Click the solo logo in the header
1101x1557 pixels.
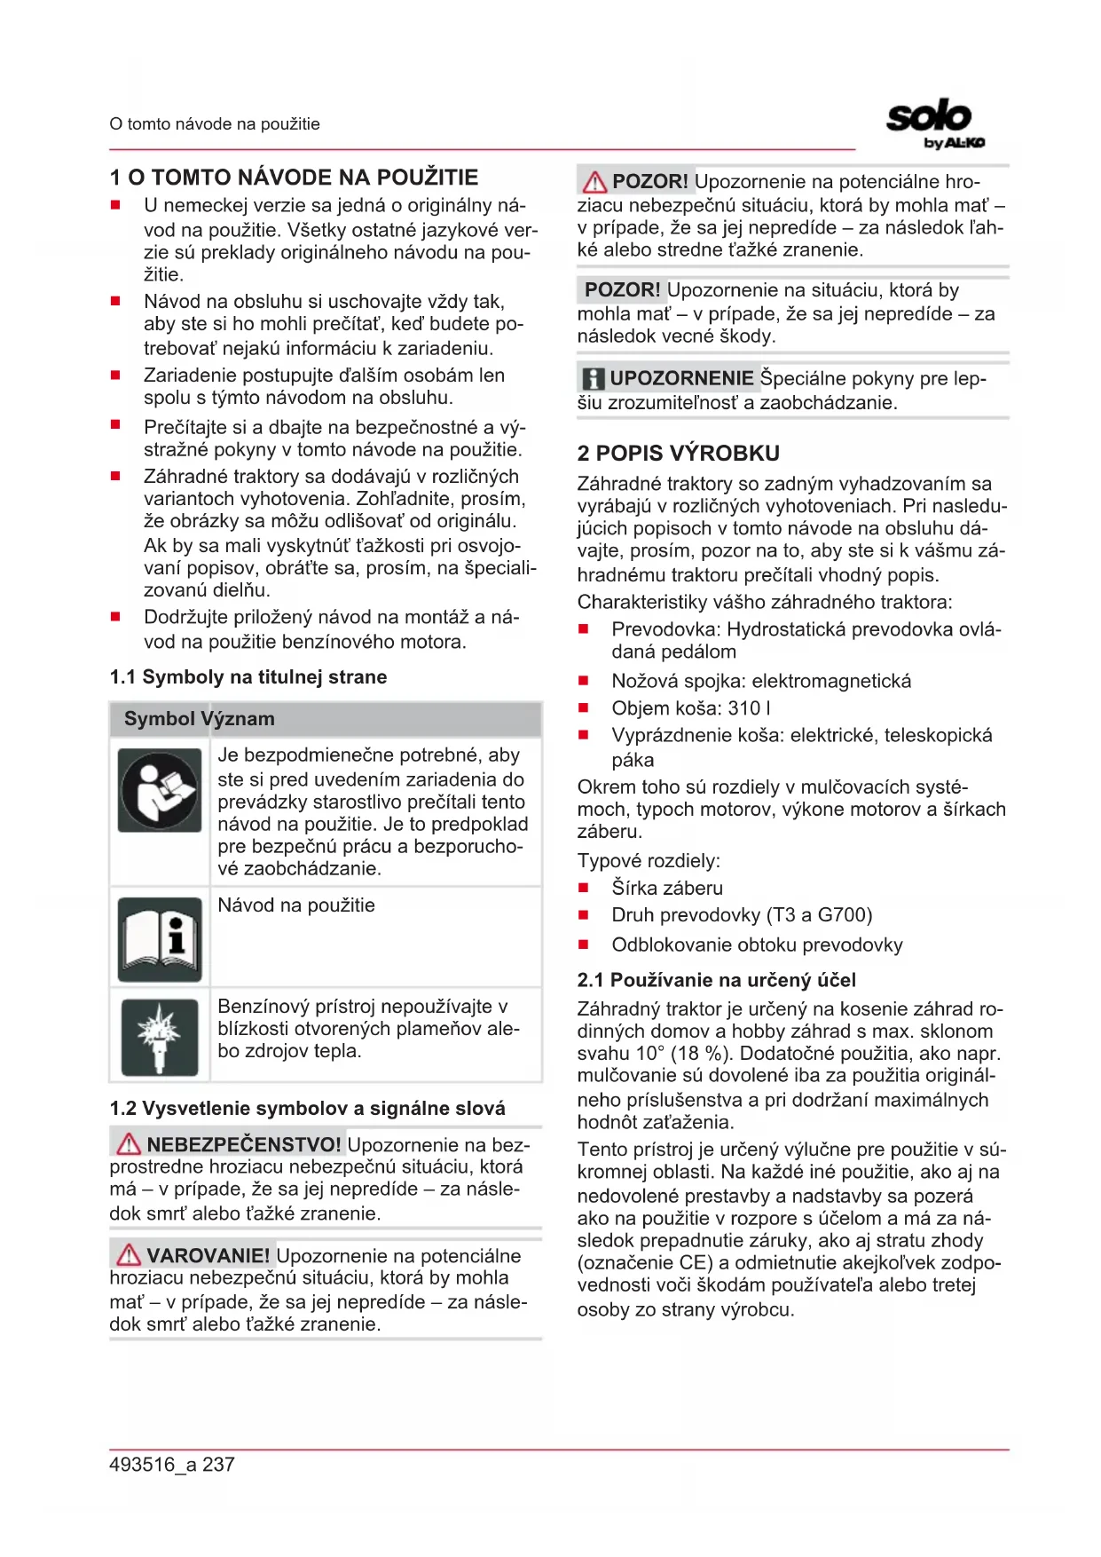[934, 123]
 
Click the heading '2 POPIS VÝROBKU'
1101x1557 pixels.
[678, 454]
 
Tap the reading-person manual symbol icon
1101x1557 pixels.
[161, 789]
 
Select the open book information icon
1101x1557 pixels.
[161, 939]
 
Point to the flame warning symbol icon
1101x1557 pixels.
[160, 1035]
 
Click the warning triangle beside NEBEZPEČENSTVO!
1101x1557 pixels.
[129, 1143]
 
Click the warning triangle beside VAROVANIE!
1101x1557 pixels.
[129, 1254]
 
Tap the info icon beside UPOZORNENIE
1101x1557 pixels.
[593, 379]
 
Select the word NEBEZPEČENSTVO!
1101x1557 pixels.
[244, 1144]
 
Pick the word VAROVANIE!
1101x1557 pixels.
[208, 1255]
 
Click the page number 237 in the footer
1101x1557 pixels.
[219, 1465]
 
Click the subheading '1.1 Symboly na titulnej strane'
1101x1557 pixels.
[248, 677]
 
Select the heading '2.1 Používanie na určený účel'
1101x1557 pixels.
[716, 980]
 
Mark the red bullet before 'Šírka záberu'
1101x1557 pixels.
[584, 888]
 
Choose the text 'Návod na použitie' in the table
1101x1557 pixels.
[296, 905]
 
